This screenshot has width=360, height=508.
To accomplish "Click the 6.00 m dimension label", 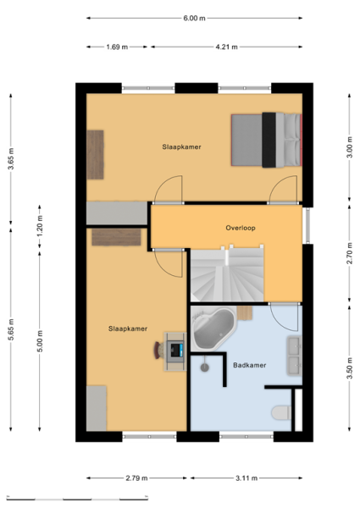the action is click(x=194, y=18).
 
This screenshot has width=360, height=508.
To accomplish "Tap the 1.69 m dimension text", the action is click(x=117, y=47).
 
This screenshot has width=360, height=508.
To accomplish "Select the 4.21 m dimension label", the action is click(x=226, y=47).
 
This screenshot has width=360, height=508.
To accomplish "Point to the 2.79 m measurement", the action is click(x=136, y=478).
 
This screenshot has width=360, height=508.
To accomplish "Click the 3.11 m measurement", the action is click(x=246, y=478).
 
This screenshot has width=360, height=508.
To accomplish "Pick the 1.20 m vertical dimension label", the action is click(x=40, y=226).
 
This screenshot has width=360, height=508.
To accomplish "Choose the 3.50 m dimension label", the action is click(x=349, y=368).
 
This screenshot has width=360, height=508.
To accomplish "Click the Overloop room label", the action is click(x=241, y=228).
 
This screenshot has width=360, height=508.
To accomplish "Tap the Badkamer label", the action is click(x=250, y=365).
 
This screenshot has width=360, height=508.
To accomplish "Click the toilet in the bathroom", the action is click(x=281, y=413).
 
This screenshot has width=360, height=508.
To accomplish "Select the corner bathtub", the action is click(x=213, y=329).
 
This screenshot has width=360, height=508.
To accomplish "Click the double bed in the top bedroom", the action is click(x=266, y=140).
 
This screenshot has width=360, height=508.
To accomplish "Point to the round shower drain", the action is click(x=204, y=367).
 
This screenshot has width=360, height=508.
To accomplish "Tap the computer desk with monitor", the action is click(x=175, y=351).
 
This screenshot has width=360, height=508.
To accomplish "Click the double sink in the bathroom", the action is click(x=294, y=356).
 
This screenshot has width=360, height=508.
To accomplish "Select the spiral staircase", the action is click(x=227, y=273).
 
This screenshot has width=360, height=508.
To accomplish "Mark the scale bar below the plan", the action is click(x=77, y=499).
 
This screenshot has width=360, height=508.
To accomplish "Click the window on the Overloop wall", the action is click(x=307, y=225).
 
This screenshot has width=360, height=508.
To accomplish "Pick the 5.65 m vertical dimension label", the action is click(x=11, y=329).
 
